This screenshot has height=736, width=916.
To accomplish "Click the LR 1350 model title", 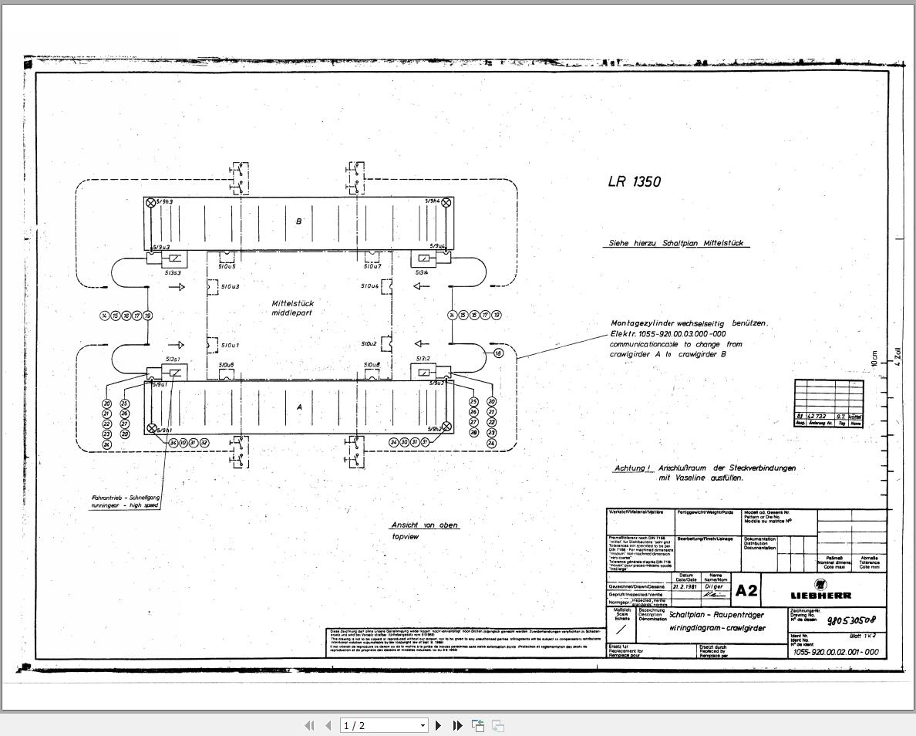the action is click(x=634, y=182).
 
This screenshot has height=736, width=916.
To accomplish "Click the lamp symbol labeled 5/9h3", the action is click(x=150, y=203).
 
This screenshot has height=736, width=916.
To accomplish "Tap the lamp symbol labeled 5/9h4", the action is click(x=446, y=203).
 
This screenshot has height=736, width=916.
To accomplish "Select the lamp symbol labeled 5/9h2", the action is click(x=446, y=428).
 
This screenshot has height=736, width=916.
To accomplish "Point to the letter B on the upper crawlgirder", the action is click(x=299, y=221).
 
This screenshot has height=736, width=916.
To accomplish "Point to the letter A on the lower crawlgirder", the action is click(x=299, y=407).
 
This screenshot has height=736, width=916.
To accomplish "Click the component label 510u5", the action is click(x=227, y=267).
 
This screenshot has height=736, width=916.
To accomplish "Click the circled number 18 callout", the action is click(x=498, y=353).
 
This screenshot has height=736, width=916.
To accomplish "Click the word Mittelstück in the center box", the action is click(x=292, y=304).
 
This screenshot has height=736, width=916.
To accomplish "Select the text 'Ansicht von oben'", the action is click(x=425, y=525).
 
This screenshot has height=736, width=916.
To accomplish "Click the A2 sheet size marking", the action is click(x=746, y=591).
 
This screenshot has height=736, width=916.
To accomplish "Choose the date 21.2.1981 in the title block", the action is click(x=685, y=586).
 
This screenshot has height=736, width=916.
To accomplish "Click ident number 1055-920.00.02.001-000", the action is click(x=836, y=652).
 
